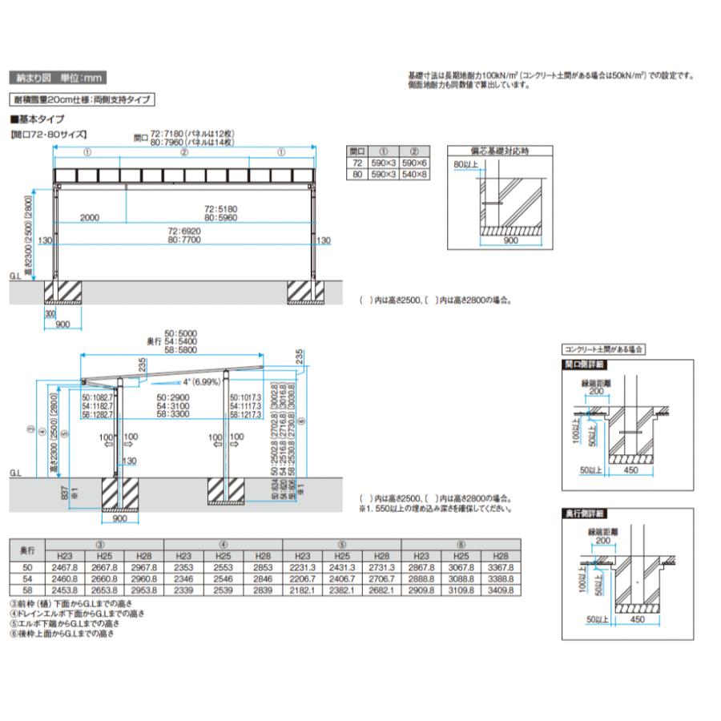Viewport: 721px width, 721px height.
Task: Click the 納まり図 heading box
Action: (57, 79)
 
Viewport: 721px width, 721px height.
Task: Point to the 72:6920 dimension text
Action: (186, 231)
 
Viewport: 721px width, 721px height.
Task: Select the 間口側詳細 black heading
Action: (584, 364)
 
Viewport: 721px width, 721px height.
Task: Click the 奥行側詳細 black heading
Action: (584, 513)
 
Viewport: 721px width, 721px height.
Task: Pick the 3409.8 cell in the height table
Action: (500, 590)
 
